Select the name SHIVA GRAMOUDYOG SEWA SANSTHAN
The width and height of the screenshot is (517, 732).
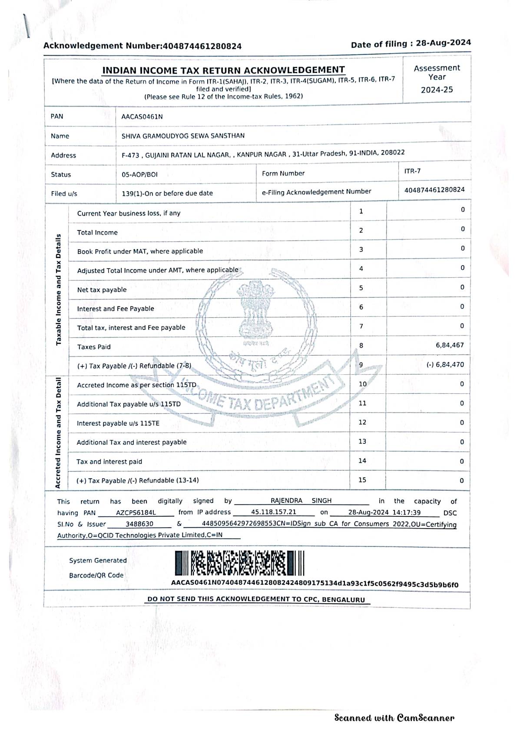[x=183, y=136]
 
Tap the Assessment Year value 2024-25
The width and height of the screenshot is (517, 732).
[x=437, y=90]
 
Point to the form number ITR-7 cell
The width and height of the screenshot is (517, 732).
[x=412, y=171]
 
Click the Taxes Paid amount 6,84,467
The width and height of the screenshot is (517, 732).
[x=450, y=345]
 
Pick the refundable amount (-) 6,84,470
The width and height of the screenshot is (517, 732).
[x=445, y=365]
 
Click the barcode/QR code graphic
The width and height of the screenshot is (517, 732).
[x=239, y=563]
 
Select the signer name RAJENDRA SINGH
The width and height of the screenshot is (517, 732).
[x=301, y=501]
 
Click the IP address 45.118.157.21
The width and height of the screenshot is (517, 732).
[x=274, y=512]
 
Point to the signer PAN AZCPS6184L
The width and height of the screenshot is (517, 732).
[x=136, y=513]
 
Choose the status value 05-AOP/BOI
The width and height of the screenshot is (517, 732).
[x=139, y=175]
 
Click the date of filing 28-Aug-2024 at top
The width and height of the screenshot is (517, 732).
[x=443, y=43]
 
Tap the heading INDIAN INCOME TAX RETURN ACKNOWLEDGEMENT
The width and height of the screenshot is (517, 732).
[x=223, y=70]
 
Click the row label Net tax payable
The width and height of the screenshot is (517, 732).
[x=102, y=290]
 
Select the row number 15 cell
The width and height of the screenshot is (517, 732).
[x=362, y=480]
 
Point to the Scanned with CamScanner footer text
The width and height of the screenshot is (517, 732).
[x=394, y=718]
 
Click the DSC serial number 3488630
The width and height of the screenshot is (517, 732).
[x=139, y=524]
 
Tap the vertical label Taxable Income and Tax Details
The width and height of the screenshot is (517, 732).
[x=59, y=289]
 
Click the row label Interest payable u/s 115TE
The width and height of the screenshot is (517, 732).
[x=118, y=423]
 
